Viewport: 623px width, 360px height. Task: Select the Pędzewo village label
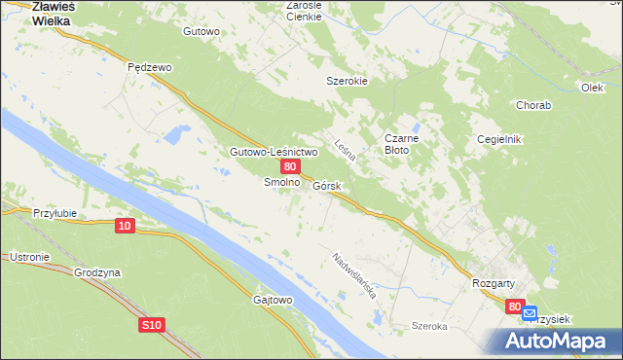click(150, 67)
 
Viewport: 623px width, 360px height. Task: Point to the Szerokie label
click(347, 81)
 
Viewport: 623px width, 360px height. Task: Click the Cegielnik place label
click(499, 139)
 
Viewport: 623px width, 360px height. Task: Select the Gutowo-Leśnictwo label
click(274, 153)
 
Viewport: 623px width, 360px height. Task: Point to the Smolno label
click(281, 182)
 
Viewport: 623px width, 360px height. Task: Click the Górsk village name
click(327, 185)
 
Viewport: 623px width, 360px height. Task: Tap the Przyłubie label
click(55, 213)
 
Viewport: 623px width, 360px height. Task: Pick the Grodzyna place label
click(97, 273)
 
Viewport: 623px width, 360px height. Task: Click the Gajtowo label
click(273, 300)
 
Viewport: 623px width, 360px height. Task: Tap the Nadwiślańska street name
click(353, 275)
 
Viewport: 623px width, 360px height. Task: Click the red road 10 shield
click(124, 226)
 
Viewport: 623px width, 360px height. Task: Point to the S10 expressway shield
click(150, 324)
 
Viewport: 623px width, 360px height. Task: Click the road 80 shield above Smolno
click(290, 167)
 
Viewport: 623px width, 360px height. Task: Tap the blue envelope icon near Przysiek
click(530, 313)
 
